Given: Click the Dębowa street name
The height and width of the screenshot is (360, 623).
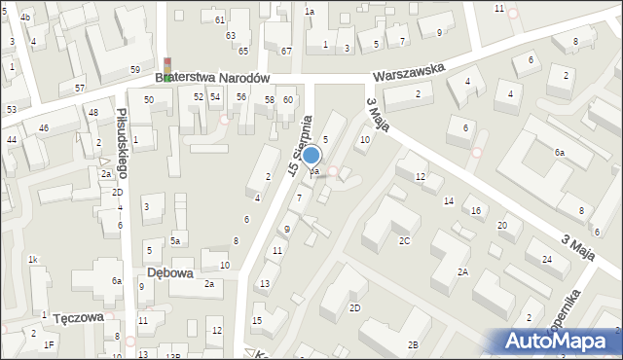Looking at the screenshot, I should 167,272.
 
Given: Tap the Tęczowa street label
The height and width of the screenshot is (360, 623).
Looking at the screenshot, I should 79,318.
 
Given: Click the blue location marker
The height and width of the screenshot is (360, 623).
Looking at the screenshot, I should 311,156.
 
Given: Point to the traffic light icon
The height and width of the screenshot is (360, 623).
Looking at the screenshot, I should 168,69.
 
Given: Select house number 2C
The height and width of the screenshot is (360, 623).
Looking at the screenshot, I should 403,239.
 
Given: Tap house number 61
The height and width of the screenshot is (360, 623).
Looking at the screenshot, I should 220,19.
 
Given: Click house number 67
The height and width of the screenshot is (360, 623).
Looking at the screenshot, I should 286,51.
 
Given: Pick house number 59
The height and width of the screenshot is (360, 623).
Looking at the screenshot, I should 134,70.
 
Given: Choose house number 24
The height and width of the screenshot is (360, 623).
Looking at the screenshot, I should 547,259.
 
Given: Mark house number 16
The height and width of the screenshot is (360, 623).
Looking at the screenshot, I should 476,210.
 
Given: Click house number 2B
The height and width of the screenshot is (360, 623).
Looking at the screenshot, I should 413,344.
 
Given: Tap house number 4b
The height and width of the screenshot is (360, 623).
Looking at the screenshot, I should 25,18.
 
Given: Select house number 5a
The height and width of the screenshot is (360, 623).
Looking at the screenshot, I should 175,240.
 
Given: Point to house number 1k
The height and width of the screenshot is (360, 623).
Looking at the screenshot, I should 33,260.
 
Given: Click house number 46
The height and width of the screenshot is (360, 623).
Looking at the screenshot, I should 43,128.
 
